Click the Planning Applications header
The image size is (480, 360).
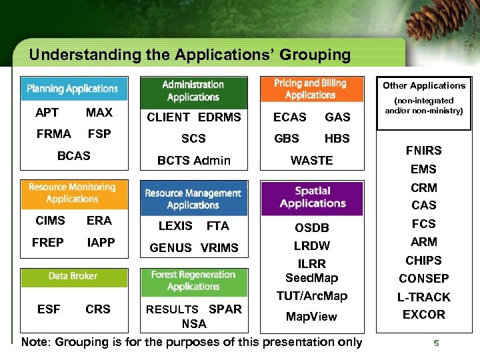point(73,89)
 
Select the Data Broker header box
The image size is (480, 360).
point(73,276)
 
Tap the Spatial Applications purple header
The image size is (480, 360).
point(313,197)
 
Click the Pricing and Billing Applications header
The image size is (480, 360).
point(311,89)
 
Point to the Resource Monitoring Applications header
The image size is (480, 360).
point(73,193)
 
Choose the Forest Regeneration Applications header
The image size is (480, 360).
point(193,281)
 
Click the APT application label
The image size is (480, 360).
point(47,113)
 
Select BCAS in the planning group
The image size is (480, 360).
point(73,155)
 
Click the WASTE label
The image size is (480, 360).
point(311,160)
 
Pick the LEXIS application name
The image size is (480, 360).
point(175,226)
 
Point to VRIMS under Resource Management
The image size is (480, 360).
point(219,247)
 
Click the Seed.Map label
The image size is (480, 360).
point(311,278)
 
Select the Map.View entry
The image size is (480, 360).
point(311,316)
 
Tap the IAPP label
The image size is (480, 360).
point(101,243)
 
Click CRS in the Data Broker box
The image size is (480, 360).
point(98,309)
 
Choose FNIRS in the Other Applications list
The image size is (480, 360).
point(424,151)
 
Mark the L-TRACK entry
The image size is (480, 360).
point(424,297)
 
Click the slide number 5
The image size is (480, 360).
point(436,343)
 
